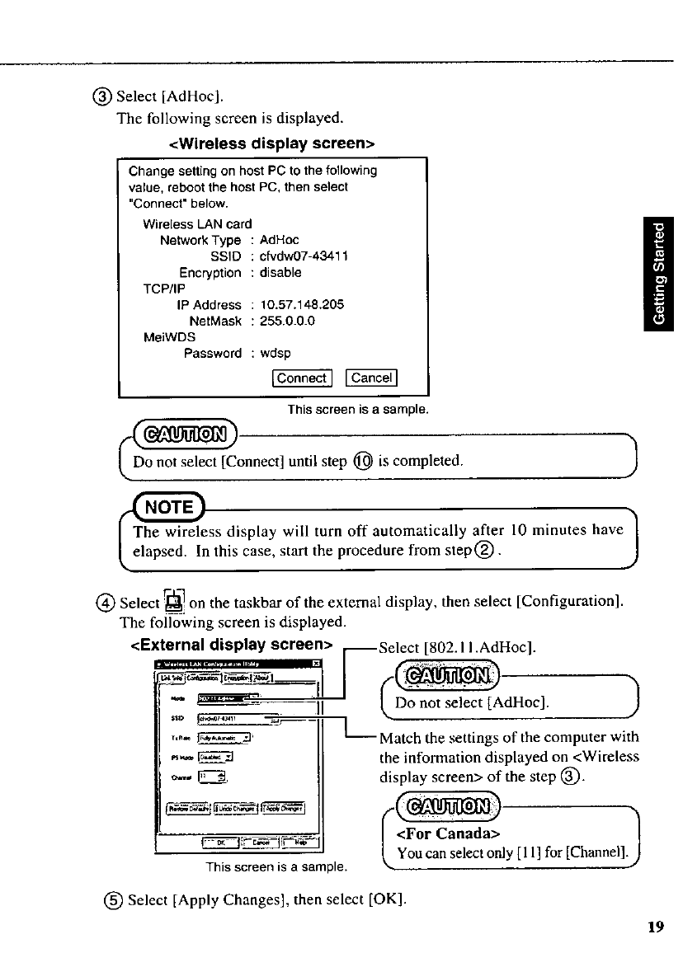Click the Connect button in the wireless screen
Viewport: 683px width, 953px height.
301,378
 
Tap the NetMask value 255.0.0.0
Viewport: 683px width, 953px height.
287,321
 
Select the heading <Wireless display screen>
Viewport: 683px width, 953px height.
272,143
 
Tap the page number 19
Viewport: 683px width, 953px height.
656,927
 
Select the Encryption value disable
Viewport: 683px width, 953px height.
280,272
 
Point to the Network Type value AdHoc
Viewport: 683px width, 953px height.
278,240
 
